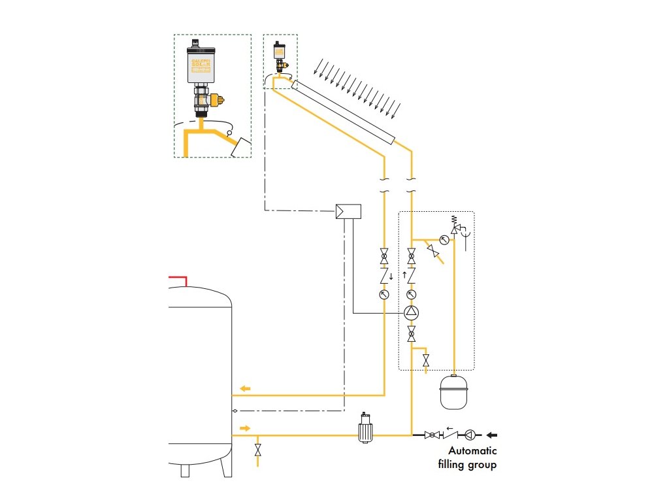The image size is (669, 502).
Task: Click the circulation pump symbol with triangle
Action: [411, 312]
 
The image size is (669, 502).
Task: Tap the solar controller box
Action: [349, 211]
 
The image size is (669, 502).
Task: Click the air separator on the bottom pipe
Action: [365, 430]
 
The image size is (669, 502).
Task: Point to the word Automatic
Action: [472, 451]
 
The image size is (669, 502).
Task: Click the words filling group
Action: [468, 465]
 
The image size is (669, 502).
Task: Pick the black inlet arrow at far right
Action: [497, 434]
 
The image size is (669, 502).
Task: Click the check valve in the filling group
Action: [449, 435]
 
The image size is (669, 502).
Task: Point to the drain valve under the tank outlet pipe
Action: [257, 450]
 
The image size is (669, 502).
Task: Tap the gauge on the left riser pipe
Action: [383, 295]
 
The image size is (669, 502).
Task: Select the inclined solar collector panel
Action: [344, 110]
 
